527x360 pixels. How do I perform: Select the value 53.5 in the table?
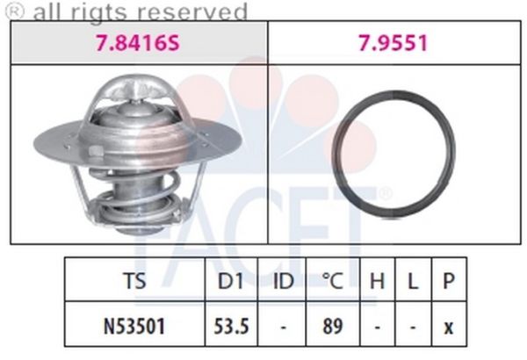click(x=234, y=325)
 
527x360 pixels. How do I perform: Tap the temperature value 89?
click(x=331, y=325)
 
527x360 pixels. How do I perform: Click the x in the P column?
click(x=448, y=326)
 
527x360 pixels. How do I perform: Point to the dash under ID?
click(x=283, y=325)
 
